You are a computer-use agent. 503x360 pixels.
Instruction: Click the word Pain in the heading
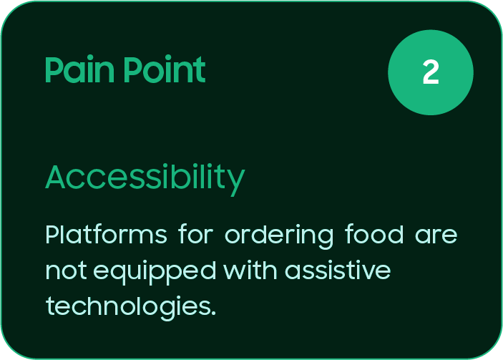click(x=79, y=69)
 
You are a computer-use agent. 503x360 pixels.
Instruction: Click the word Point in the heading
click(x=165, y=69)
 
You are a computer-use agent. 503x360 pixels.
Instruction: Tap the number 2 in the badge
click(x=431, y=72)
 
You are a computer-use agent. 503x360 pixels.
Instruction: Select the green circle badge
click(x=431, y=72)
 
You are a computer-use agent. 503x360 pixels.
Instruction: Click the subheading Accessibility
click(x=145, y=179)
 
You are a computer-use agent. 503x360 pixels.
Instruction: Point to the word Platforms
click(x=106, y=234)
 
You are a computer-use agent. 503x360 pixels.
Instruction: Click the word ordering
click(x=279, y=236)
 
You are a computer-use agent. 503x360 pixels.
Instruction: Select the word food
click(x=374, y=234)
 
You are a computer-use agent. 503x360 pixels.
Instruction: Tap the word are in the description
click(x=436, y=236)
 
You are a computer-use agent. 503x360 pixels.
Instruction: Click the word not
click(x=66, y=271)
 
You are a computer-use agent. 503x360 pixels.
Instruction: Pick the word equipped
click(x=155, y=273)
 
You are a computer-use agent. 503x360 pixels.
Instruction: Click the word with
click(x=250, y=270)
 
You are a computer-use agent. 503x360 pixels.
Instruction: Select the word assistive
click(x=338, y=270)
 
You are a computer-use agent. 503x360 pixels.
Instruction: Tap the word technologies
click(x=128, y=308)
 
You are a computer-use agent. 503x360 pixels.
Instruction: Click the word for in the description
click(x=195, y=234)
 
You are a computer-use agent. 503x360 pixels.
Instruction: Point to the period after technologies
click(x=214, y=313)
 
